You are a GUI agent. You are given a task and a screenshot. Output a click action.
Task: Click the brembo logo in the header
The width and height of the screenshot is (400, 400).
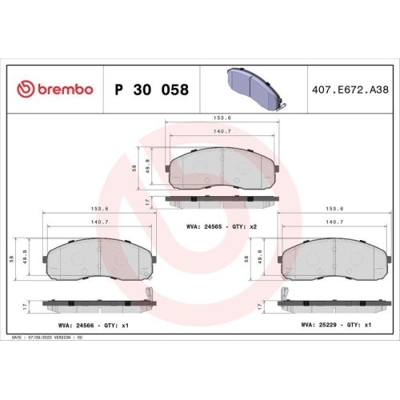[55, 89]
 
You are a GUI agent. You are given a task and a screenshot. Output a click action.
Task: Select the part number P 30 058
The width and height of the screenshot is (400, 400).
[152, 90]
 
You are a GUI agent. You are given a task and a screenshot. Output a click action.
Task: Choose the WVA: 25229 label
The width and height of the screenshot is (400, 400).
[314, 326]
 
